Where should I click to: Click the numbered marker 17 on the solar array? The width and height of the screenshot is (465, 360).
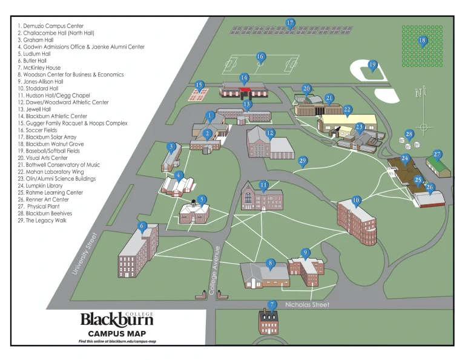coord(290,24)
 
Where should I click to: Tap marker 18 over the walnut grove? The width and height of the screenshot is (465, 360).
coord(423,41)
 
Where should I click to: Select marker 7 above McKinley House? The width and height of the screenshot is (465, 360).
coord(272,305)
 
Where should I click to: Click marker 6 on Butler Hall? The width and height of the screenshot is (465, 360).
coord(143,227)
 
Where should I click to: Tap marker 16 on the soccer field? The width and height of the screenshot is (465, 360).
coord(260,57)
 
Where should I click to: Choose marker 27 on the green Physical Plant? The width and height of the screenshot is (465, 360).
coord(437,155)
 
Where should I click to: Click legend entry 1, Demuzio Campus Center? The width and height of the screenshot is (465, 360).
coord(51,27)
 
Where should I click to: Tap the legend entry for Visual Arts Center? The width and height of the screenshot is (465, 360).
coord(46,158)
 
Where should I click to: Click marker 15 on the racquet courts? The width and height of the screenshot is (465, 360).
coord(199,85)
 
